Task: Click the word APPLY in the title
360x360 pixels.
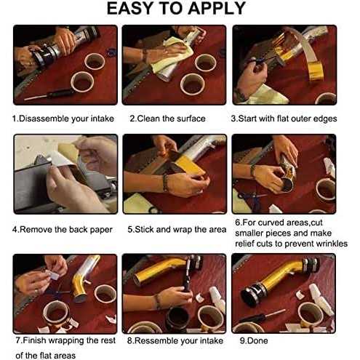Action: (x=217, y=8)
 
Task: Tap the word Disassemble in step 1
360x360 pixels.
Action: (x=44, y=119)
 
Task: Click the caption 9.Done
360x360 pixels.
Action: (x=254, y=340)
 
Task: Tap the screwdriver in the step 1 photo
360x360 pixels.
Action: (x=49, y=94)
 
